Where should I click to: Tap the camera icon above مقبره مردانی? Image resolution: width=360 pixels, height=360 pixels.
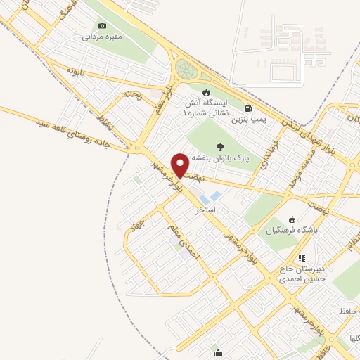pyautogui.click(x=103, y=26)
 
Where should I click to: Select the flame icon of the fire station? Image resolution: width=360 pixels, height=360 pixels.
pyautogui.click(x=206, y=92)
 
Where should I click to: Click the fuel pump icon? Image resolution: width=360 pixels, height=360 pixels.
pyautogui.click(x=249, y=109)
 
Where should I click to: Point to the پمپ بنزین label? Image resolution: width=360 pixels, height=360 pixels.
pyautogui.click(x=250, y=120)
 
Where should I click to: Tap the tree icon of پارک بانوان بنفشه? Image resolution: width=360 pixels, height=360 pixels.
pyautogui.click(x=221, y=147)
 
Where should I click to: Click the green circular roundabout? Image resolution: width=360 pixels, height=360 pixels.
pyautogui.click(x=185, y=70)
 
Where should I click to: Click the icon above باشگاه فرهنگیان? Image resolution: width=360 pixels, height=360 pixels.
pyautogui.click(x=292, y=219)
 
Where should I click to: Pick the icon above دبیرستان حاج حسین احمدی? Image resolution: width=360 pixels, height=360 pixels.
pyautogui.click(x=302, y=259)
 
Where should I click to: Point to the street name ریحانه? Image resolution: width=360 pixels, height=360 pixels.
pyautogui.click(x=133, y=94)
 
